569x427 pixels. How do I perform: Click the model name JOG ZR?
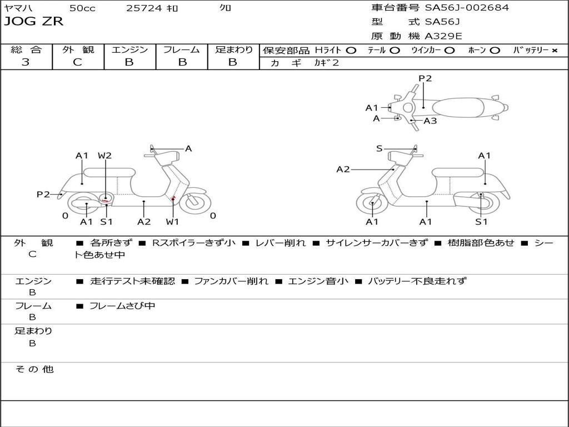(34, 22)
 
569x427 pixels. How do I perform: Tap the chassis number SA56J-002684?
(467, 8)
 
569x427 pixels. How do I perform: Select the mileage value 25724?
(144, 8)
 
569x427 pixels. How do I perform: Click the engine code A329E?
(443, 37)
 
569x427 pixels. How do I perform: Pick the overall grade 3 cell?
(26, 62)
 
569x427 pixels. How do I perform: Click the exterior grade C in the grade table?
(78, 62)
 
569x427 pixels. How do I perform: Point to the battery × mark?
(554, 51)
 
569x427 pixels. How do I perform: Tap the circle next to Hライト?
(351, 51)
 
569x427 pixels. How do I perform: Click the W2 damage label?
(104, 156)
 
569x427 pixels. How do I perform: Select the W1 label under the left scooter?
(173, 222)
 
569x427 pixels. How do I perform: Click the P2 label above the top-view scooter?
(425, 78)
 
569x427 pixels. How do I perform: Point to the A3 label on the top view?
(430, 121)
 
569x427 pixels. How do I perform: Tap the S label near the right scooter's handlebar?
(379, 148)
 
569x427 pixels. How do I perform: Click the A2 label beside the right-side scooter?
(343, 170)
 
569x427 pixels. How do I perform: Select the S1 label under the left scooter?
(106, 222)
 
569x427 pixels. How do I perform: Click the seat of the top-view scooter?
(458, 107)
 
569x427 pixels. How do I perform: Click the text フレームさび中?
(122, 306)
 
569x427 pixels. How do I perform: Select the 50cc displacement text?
(82, 8)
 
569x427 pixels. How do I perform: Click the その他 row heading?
(34, 369)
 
